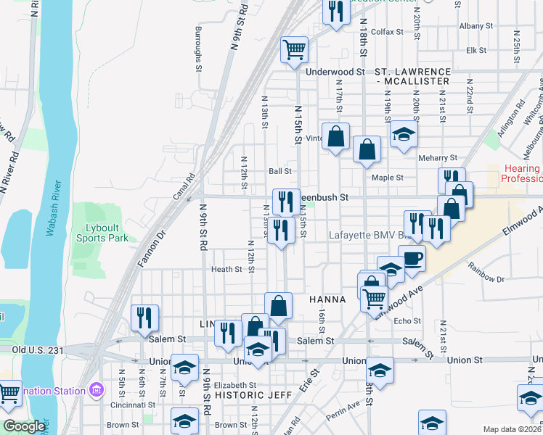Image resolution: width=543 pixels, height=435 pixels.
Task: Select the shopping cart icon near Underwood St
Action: tap(295, 50)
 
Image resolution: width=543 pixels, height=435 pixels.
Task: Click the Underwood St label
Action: tap(335, 72)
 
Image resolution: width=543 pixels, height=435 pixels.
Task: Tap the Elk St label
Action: tap(475, 51)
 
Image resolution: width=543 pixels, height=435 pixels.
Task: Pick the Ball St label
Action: tap(279, 172)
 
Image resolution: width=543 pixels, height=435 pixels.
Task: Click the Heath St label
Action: tap(226, 269)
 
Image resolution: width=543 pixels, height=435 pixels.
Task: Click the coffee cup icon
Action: tap(412, 258)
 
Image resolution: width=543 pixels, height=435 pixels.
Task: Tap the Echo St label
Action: tap(407, 320)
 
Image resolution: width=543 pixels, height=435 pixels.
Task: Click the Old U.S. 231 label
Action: tap(36, 349)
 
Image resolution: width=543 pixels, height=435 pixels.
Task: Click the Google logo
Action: tap(24, 426)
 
